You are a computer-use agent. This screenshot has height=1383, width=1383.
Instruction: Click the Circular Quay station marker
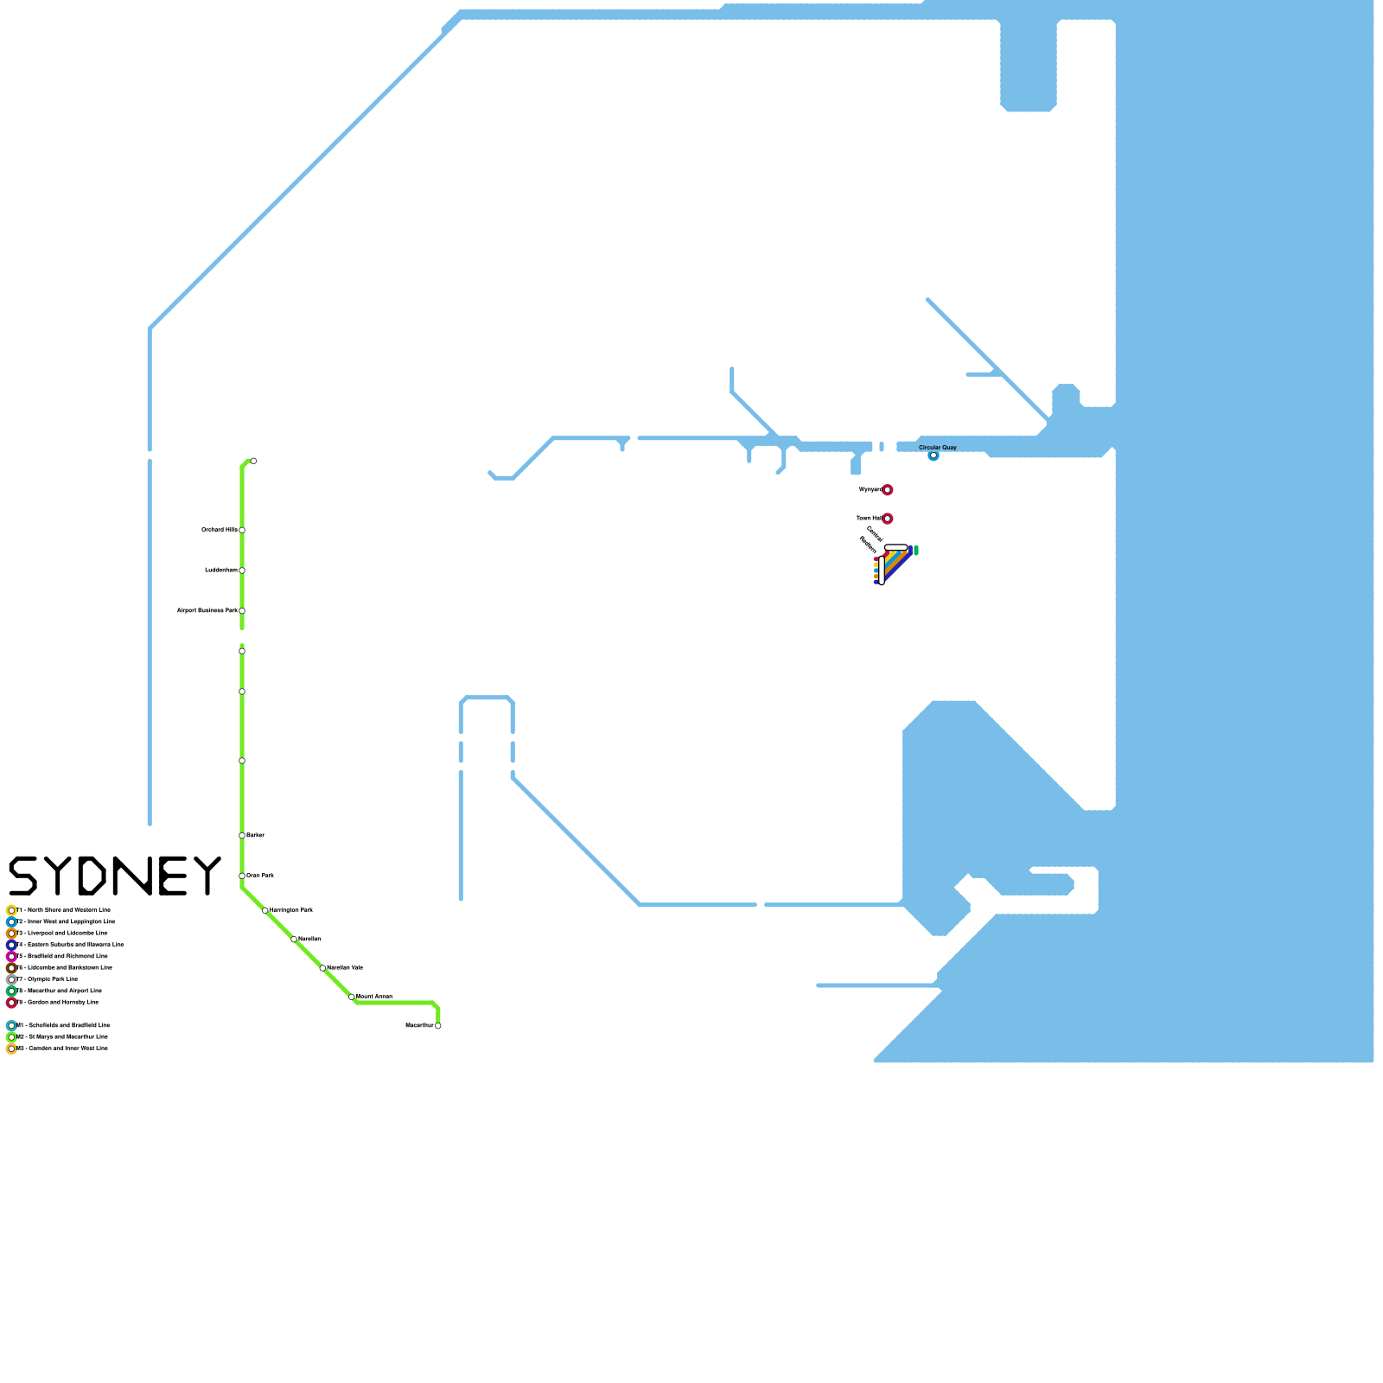[x=934, y=456]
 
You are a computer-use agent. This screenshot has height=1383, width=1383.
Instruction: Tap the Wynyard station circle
[x=887, y=490]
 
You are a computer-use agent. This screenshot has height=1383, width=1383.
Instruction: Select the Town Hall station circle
[x=887, y=519]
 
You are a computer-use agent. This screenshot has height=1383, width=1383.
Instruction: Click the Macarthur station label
[x=419, y=1025]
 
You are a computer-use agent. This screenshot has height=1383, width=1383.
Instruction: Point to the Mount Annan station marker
[x=352, y=997]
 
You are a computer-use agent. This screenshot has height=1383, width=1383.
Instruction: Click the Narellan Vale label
[x=345, y=968]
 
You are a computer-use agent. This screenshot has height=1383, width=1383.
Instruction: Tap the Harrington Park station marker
[x=265, y=910]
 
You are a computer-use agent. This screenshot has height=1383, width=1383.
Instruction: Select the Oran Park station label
[x=260, y=876]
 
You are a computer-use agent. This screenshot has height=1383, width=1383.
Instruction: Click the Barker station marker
[x=242, y=835]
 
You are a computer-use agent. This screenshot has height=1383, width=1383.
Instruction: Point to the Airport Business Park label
[x=207, y=610]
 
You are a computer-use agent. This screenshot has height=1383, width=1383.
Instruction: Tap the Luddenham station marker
[x=242, y=570]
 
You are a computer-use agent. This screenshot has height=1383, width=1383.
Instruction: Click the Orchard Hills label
[x=220, y=530]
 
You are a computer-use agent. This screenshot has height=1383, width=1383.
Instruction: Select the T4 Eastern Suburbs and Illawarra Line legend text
[x=70, y=945]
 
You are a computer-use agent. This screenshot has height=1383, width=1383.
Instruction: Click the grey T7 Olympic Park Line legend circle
[x=11, y=979]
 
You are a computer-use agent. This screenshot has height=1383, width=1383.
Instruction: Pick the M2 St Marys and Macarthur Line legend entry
[x=57, y=1036]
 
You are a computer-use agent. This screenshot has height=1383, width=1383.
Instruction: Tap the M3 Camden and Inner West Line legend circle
[x=11, y=1048]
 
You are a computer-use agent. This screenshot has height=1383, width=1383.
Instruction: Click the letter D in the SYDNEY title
[x=92, y=876]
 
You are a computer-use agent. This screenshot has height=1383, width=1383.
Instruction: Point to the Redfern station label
[x=868, y=545]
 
